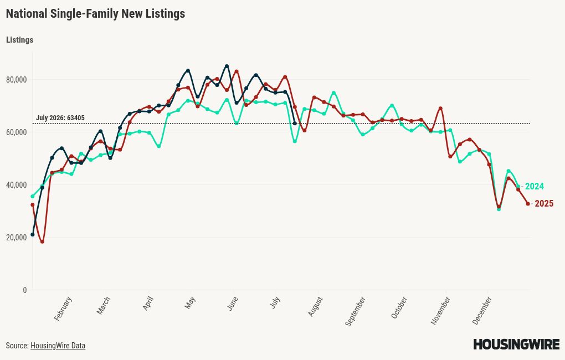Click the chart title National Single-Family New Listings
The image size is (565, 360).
click(x=95, y=14)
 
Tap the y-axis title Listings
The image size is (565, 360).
click(x=20, y=40)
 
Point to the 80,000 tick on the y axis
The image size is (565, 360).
click(x=17, y=80)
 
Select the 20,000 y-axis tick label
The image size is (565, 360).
click(x=17, y=238)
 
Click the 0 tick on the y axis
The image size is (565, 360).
click(x=25, y=290)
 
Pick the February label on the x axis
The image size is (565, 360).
click(x=63, y=308)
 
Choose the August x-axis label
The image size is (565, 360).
click(x=315, y=307)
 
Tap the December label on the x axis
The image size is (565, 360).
click(x=482, y=310)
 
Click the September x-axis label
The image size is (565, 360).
click(x=356, y=311)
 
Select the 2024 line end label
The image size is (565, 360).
click(x=535, y=186)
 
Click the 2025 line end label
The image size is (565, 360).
click(x=544, y=204)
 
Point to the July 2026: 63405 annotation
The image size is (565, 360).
click(x=60, y=118)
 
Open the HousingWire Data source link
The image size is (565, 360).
click(x=58, y=346)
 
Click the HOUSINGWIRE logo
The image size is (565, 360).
click(x=516, y=344)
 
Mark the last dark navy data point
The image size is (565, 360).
click(x=295, y=124)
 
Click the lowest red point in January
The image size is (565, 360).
click(x=42, y=242)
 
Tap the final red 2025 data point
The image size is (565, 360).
click(x=528, y=204)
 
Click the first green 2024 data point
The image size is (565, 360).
click(x=33, y=197)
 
